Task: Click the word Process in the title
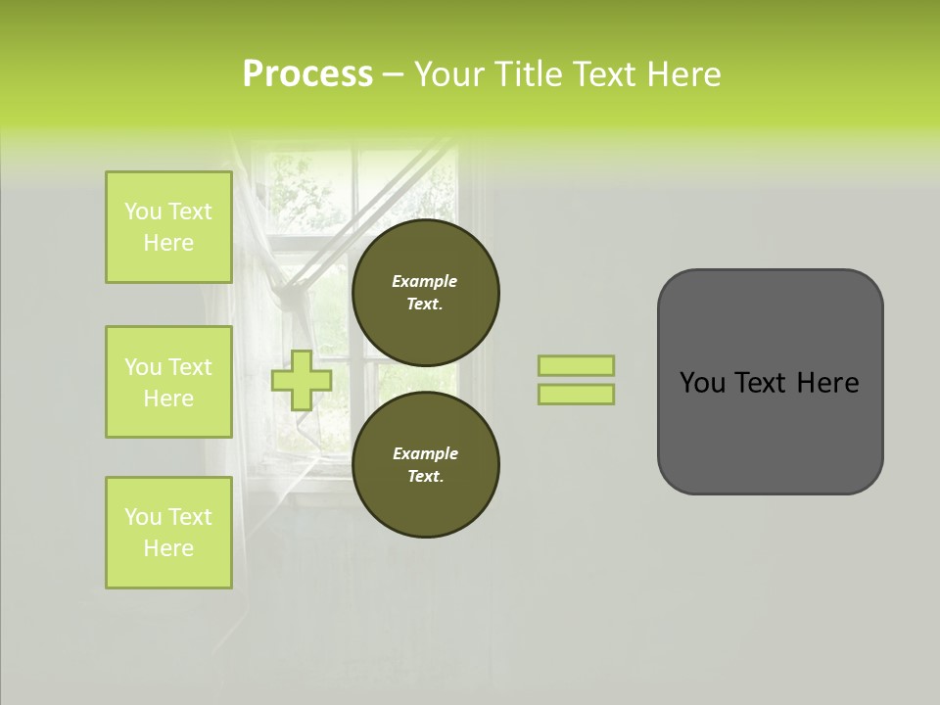coord(307,74)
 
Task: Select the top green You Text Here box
coord(168,227)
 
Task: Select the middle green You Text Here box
coord(168,382)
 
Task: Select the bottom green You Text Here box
coord(168,533)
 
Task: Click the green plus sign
coord(302,380)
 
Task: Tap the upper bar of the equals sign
coord(576,366)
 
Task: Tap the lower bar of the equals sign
coord(576,394)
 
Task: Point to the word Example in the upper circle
coord(425,281)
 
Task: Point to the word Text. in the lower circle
coord(425,476)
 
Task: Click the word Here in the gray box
coord(827,383)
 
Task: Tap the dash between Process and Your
coord(394,74)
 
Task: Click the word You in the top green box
coord(142,211)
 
